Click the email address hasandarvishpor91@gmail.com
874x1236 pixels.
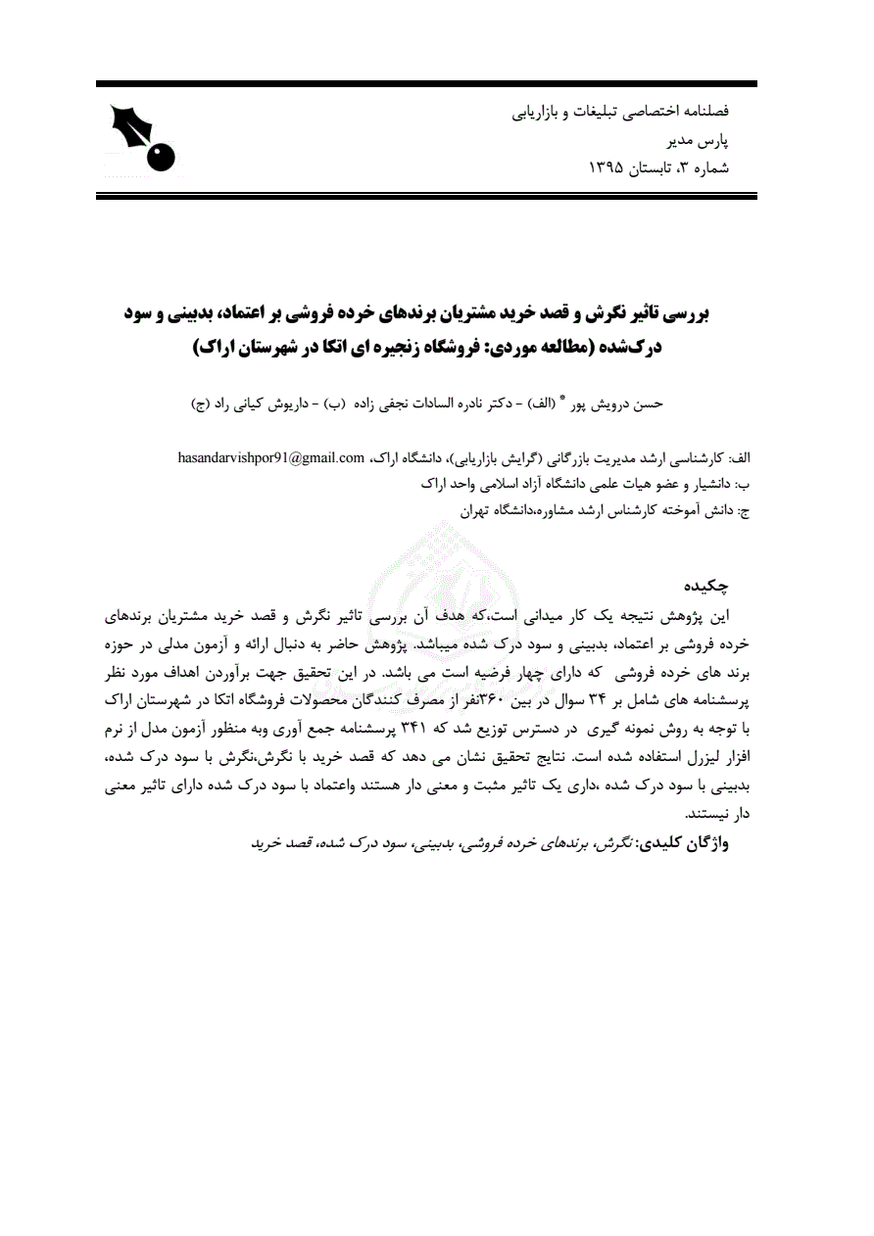pos(271,457)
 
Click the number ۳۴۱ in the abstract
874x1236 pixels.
pos(418,729)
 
